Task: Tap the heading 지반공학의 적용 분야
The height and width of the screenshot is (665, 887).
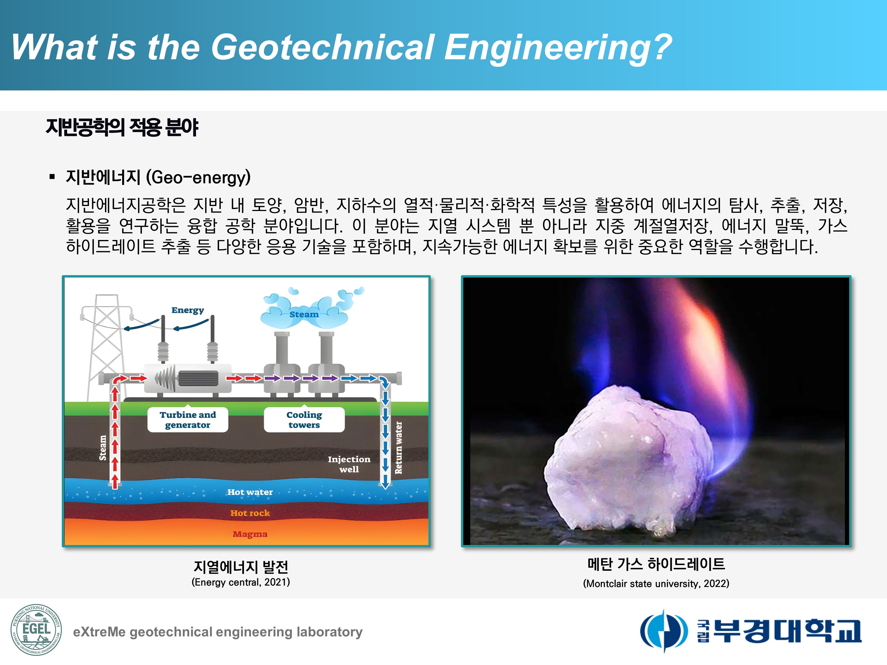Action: click(122, 127)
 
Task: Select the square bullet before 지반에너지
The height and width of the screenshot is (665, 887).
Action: click(52, 177)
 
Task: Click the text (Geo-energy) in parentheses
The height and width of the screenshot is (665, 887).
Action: click(198, 177)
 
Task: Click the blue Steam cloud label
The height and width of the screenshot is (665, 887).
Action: click(304, 314)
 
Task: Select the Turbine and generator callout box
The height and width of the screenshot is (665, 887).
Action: click(188, 420)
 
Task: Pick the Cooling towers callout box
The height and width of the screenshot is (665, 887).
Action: click(304, 420)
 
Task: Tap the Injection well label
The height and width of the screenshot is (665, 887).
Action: click(349, 464)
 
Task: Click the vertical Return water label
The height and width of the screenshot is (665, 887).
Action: click(398, 447)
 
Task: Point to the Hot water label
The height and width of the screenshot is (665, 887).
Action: click(250, 492)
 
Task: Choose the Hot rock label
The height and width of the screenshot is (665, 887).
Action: click(250, 513)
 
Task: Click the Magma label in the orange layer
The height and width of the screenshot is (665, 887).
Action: click(250, 534)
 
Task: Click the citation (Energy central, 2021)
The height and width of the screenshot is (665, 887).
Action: click(241, 582)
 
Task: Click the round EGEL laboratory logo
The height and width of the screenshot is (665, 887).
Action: click(36, 630)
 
